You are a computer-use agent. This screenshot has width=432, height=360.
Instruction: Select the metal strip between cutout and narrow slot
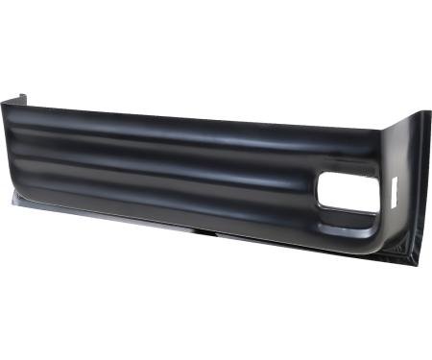383,192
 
